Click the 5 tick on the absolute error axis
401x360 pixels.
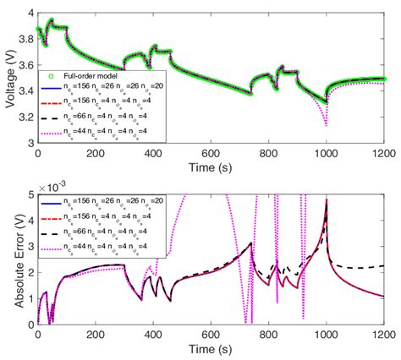click(30, 195)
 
